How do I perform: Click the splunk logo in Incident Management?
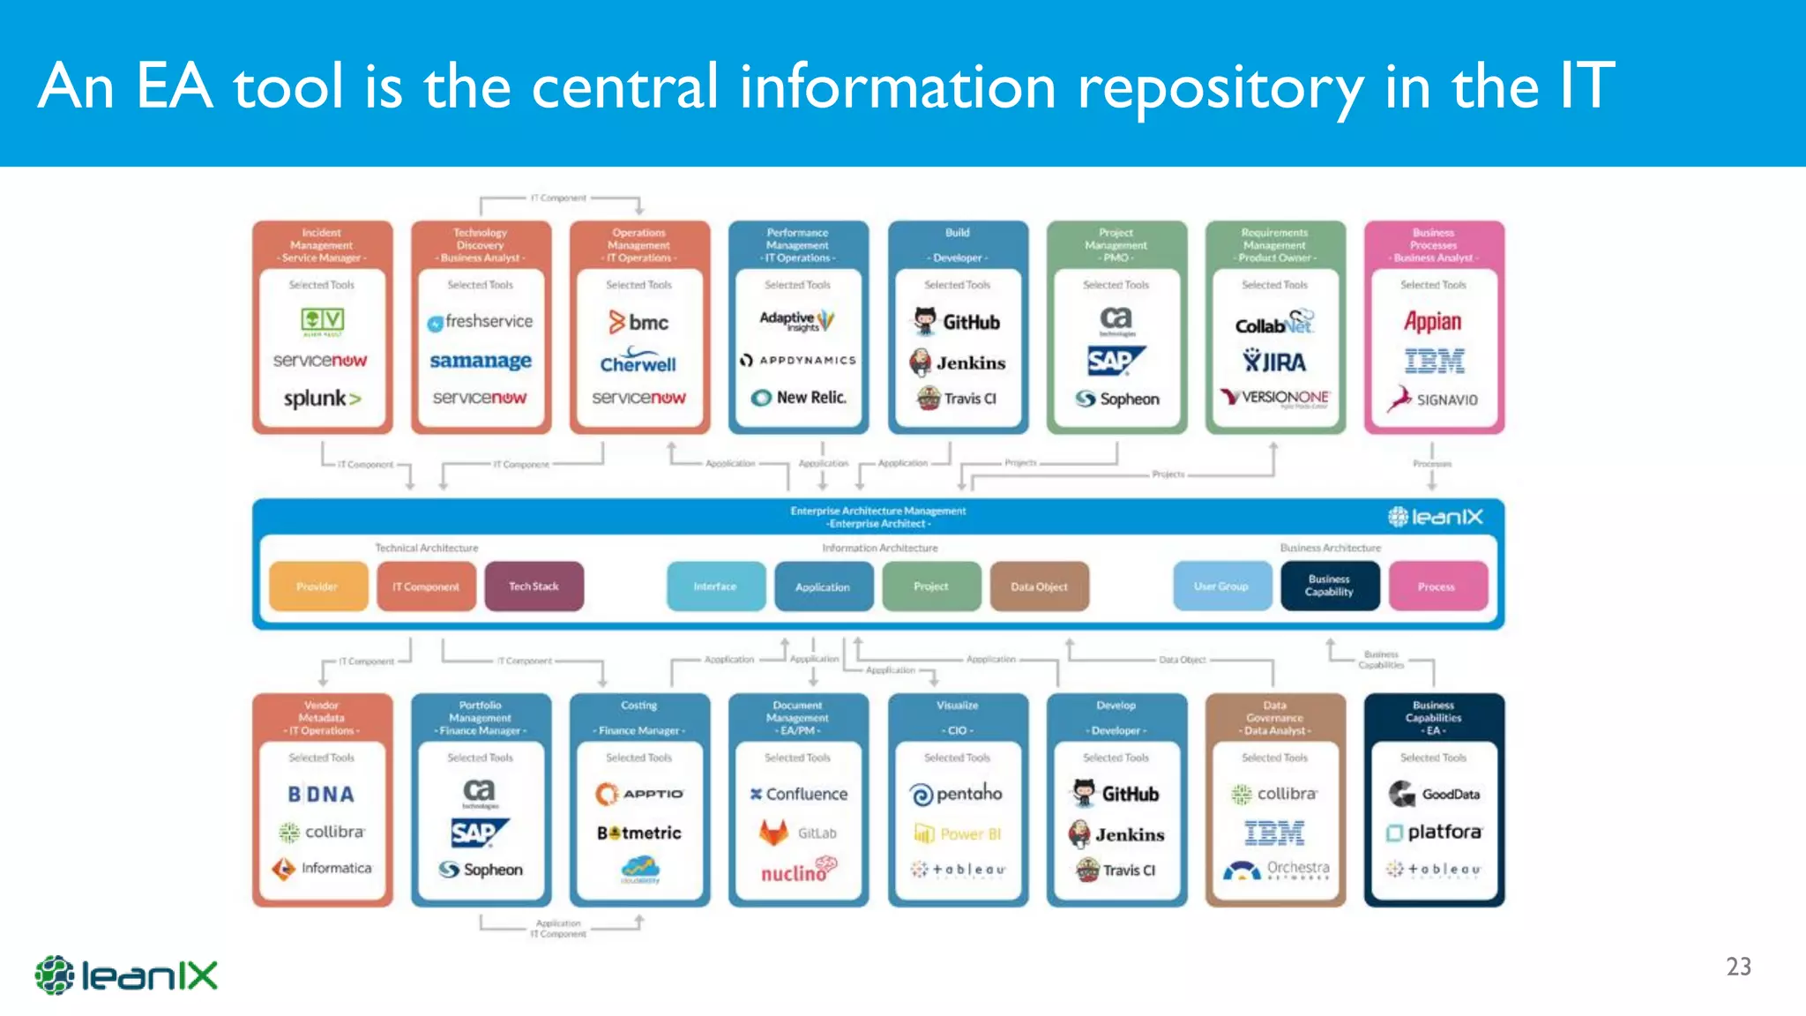click(322, 399)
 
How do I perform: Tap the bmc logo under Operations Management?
click(638, 323)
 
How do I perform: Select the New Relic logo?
click(798, 398)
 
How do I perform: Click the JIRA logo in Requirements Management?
click(1274, 362)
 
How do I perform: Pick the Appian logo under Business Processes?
click(1432, 322)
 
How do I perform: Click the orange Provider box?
click(317, 586)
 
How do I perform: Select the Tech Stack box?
click(534, 586)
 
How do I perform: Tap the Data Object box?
click(1039, 586)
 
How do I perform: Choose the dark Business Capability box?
click(1329, 586)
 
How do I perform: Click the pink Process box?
click(1437, 586)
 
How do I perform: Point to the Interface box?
click(715, 586)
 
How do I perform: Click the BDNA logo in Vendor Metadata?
click(321, 795)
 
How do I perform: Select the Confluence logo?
click(798, 794)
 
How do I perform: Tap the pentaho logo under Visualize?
click(957, 794)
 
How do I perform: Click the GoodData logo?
click(1434, 794)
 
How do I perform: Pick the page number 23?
click(1738, 967)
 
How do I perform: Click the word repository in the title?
click(1220, 88)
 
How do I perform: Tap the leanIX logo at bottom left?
click(126, 975)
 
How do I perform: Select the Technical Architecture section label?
click(426, 548)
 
